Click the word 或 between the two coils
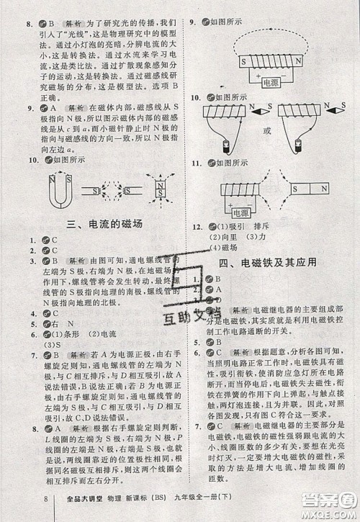[x=269, y=130]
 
